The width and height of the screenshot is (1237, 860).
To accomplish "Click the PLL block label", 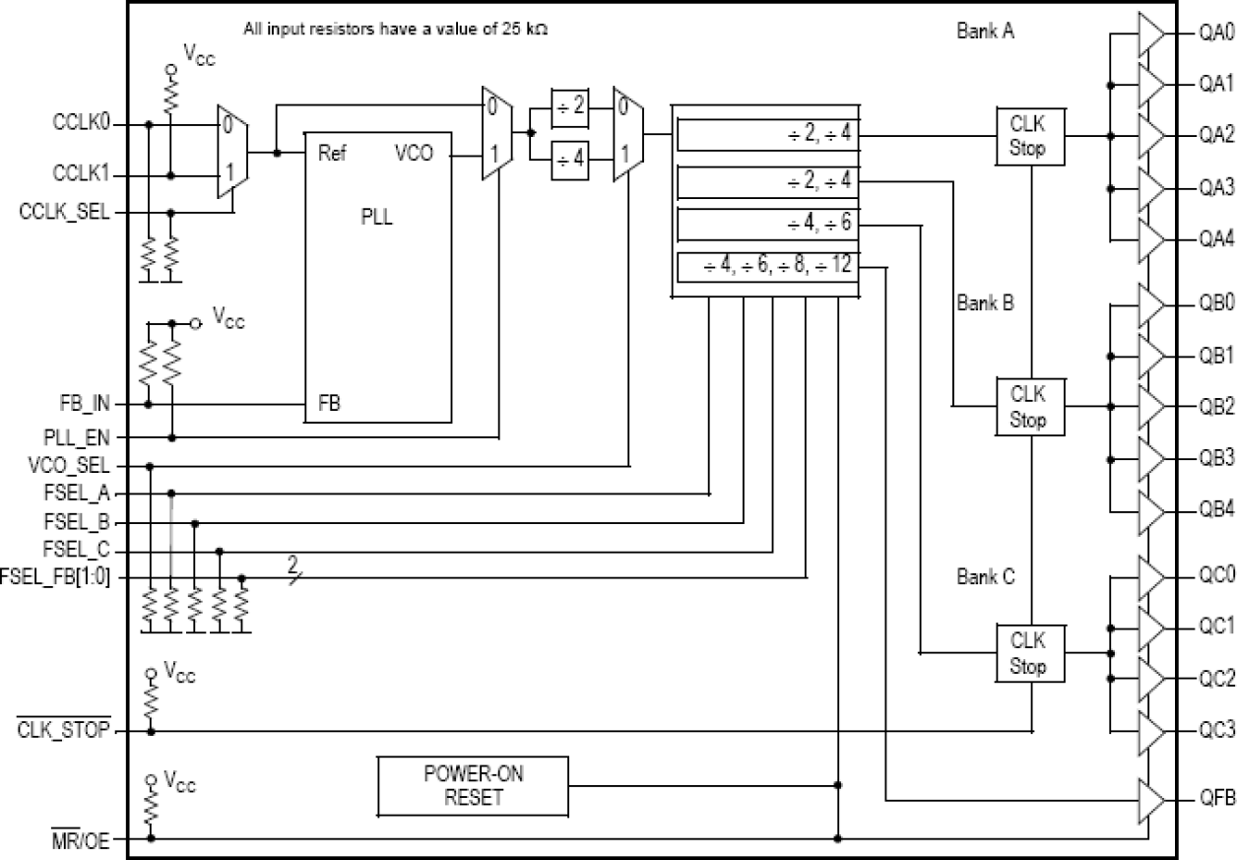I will (x=376, y=219).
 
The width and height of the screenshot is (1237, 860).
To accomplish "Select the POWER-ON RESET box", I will (x=473, y=785).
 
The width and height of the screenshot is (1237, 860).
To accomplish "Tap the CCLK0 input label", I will (x=81, y=125).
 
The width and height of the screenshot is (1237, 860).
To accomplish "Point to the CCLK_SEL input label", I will (x=65, y=211).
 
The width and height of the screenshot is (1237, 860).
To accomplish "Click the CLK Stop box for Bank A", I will (x=1028, y=137).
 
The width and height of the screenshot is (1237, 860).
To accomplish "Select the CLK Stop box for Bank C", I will (x=1028, y=653).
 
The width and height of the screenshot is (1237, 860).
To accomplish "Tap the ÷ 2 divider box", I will (x=570, y=108).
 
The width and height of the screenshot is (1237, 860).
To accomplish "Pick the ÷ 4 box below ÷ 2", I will (x=570, y=158).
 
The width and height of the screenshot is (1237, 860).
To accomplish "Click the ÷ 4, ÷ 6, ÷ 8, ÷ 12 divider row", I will (x=768, y=267).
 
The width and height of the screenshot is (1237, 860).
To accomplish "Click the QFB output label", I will (x=1216, y=799).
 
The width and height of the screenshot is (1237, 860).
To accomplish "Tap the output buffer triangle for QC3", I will (x=1150, y=730).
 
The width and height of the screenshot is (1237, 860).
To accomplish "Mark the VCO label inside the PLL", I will (x=414, y=154).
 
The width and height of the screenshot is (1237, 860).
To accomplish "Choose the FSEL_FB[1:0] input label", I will (x=55, y=577).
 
